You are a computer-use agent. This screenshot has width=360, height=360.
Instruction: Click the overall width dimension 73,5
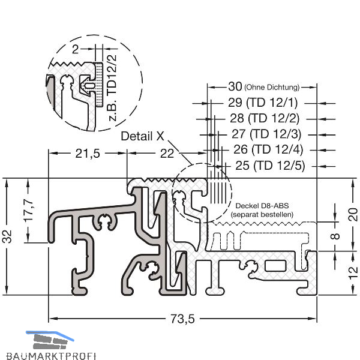pos(182,319)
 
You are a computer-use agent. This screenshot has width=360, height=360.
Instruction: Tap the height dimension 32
pos(8,236)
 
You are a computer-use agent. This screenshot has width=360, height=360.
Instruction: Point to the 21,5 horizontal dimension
pos(88,154)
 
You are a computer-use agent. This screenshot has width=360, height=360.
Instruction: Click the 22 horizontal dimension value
pos(167,154)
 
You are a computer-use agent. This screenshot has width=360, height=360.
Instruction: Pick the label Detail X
pos(142,136)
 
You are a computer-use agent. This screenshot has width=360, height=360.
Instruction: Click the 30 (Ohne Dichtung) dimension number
pos(235,86)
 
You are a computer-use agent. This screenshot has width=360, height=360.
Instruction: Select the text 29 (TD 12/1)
pos(263,103)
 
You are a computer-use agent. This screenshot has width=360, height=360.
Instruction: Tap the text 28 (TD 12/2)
pos(265,118)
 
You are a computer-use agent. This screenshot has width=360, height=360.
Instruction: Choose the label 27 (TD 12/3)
pos(266,134)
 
